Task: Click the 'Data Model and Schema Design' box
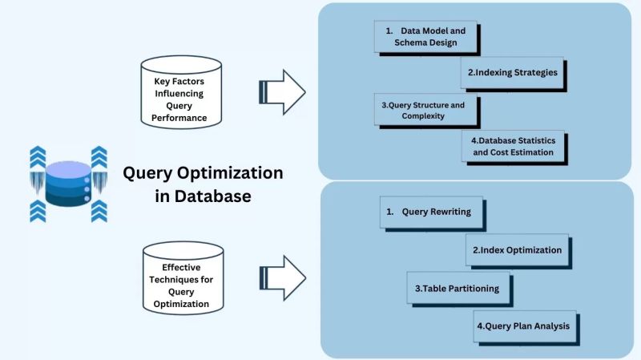(425, 36)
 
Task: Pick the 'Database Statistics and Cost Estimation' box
(513, 146)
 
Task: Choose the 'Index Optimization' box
(517, 250)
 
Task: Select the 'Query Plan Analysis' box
(525, 326)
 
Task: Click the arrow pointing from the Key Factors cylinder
(281, 91)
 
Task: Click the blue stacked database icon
(68, 184)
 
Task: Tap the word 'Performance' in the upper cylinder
(179, 118)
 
